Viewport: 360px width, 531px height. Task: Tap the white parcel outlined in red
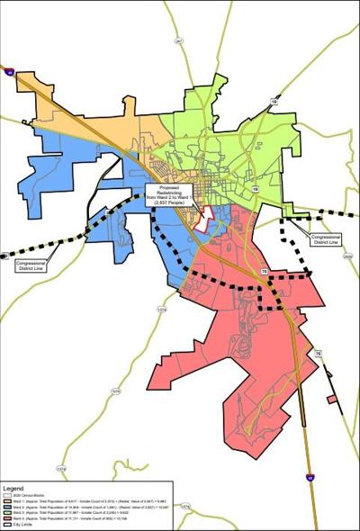coord(205,217)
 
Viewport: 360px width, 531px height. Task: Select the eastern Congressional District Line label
coord(324,240)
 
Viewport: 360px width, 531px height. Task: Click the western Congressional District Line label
coord(30,265)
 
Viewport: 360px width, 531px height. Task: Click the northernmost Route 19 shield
coord(274,102)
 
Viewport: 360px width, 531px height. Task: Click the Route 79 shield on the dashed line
coord(264,271)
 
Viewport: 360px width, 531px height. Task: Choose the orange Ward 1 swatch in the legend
coord(7,501)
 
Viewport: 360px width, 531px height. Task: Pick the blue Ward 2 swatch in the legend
coord(7,508)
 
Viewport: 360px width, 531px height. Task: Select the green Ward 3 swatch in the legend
coord(7,514)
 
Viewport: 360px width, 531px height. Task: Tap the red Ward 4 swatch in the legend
coord(7,520)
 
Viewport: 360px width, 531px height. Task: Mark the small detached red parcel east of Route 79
coord(331,398)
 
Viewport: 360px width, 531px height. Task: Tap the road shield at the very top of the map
coord(179,41)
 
